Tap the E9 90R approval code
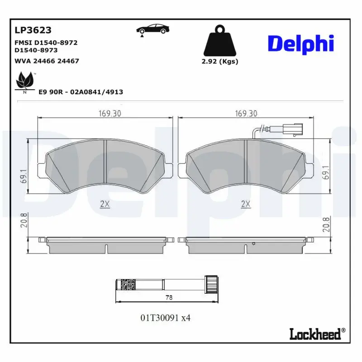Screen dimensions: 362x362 (81, 92)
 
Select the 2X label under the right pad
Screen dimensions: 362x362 (246, 204)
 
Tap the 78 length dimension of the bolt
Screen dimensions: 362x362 (169, 298)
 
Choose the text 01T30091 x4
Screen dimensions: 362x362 (166, 318)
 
